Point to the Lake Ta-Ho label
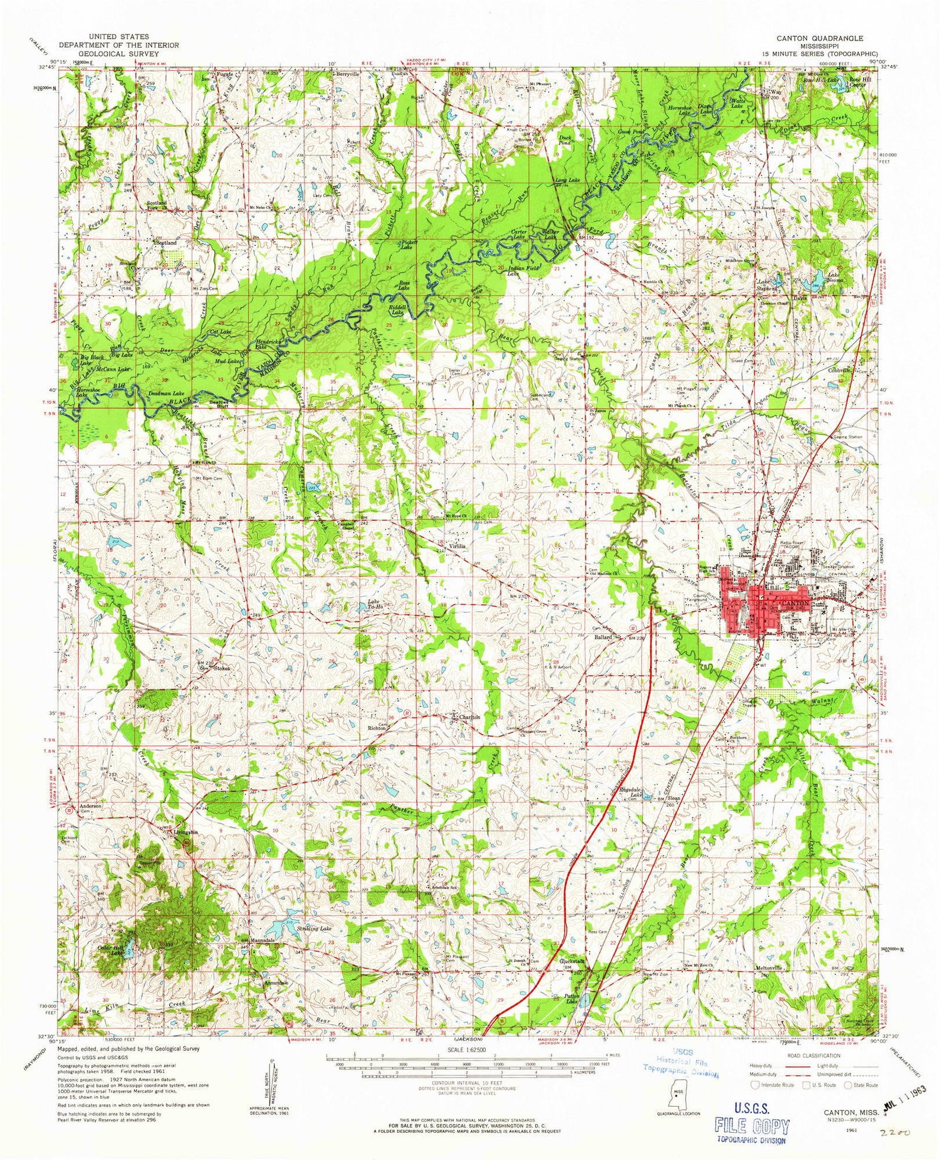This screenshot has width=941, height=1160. point(376,605)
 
